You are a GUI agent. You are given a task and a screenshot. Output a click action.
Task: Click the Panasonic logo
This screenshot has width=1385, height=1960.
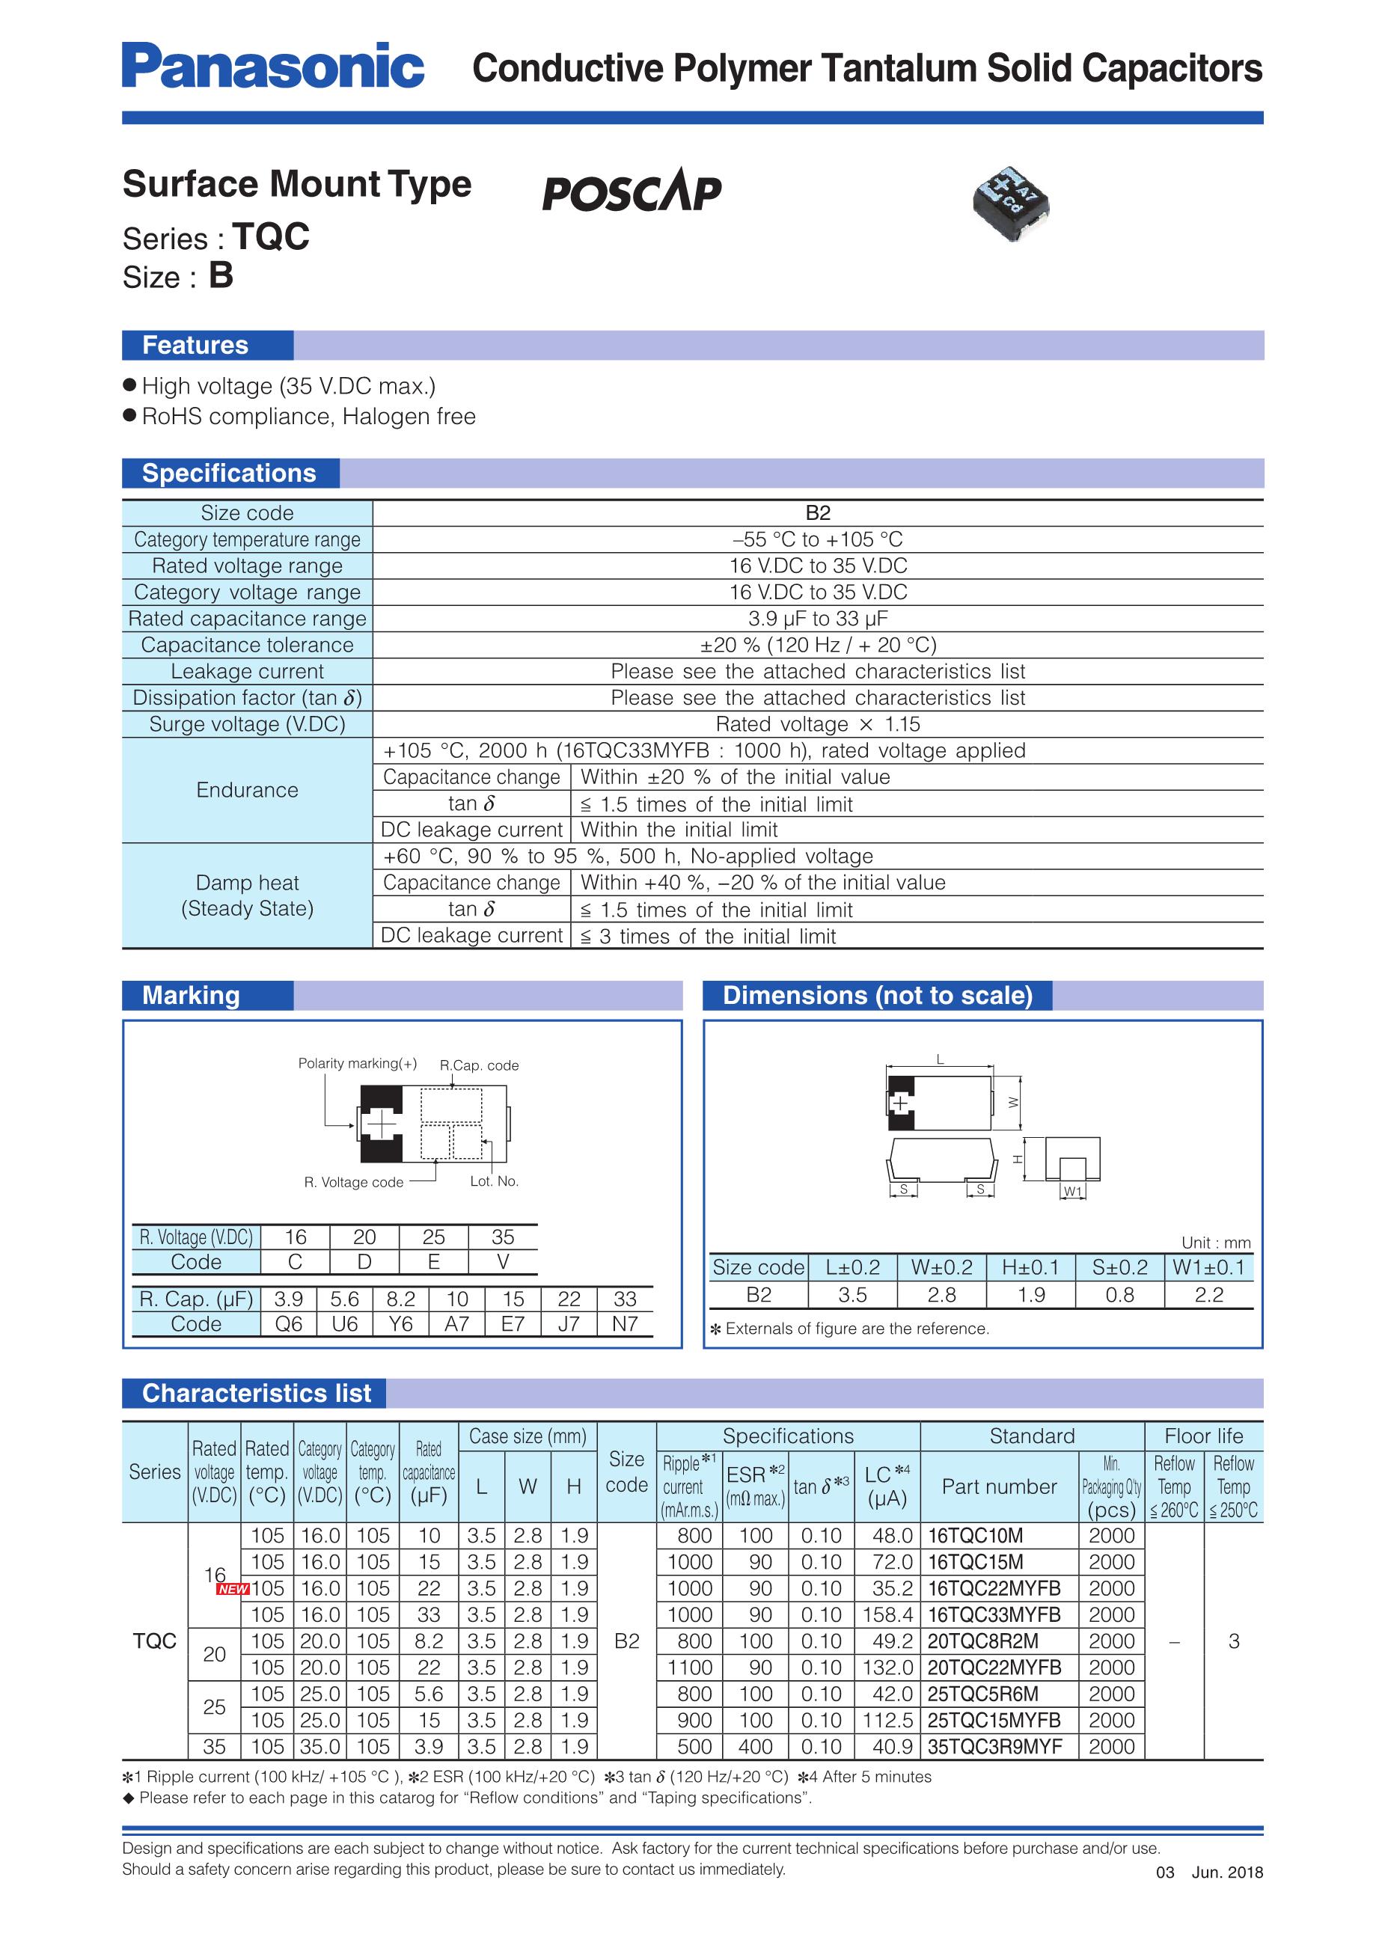(x=272, y=66)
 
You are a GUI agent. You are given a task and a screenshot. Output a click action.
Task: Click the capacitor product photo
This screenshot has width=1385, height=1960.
(x=1011, y=204)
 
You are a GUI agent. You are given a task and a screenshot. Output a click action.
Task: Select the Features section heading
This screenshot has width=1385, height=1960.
(x=195, y=345)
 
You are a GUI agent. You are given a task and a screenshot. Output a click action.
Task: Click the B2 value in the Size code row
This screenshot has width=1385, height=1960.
(x=817, y=513)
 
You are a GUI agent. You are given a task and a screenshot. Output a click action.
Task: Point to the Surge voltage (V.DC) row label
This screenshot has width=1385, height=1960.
(x=247, y=725)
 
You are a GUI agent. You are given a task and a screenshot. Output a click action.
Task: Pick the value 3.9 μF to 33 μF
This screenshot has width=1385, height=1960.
(x=817, y=619)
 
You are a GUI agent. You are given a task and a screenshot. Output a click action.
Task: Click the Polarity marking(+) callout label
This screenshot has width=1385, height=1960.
(x=357, y=1064)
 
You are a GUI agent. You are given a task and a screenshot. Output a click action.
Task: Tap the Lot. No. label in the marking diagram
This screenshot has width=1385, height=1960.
(x=495, y=1181)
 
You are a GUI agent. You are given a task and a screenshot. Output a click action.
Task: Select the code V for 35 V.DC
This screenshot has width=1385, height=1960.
(x=503, y=1262)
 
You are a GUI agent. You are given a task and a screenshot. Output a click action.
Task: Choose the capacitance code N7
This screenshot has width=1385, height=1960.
(x=625, y=1324)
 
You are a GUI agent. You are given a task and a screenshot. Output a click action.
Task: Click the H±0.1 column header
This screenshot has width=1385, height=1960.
(x=1030, y=1268)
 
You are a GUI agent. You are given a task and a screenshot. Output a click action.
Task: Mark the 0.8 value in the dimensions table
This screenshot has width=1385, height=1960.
(x=1119, y=1295)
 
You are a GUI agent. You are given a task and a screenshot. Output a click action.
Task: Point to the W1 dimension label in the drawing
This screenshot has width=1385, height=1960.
(x=1072, y=1192)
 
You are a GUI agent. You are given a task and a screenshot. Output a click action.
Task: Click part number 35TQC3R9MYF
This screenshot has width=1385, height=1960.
(x=994, y=1748)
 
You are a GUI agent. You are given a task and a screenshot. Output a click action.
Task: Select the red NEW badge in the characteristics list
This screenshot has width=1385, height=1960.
(x=232, y=1590)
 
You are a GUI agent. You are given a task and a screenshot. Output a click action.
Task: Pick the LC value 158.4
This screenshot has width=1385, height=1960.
(x=888, y=1615)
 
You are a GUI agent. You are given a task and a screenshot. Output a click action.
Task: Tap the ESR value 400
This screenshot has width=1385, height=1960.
(x=756, y=1748)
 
